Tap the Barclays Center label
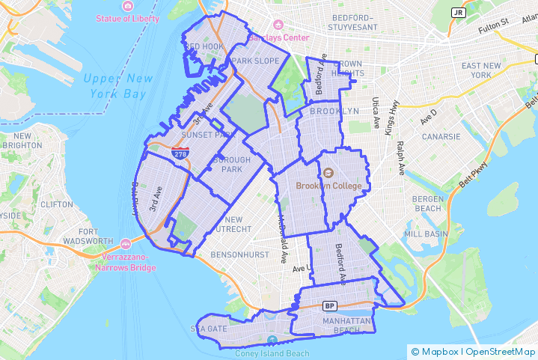pyautogui.click(x=284, y=37)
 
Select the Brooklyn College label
pyautogui.click(x=328, y=186)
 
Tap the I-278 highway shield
pyautogui.click(x=180, y=154)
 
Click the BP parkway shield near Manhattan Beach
pyautogui.click(x=329, y=305)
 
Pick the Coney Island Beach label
pyautogui.click(x=272, y=353)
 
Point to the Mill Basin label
pyautogui.click(x=426, y=234)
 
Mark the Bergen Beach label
pyautogui.click(x=427, y=204)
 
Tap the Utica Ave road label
pyautogui.click(x=377, y=112)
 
